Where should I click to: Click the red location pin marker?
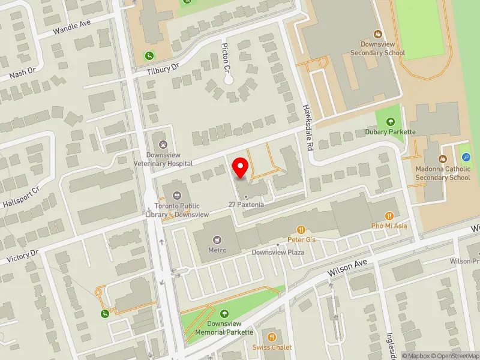pos(241,168)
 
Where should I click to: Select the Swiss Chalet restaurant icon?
pos(272,337)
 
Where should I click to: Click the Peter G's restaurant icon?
pos(301,229)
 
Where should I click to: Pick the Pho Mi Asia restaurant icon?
pos(389,215)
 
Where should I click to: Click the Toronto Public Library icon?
pos(176,194)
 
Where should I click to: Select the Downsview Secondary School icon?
pos(378,34)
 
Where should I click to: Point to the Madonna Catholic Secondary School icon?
pos(443,159)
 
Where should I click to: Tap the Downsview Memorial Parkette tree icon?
pos(224,314)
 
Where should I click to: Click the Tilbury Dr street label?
pos(163,70)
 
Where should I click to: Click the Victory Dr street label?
pos(23,256)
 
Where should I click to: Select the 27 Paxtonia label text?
pos(246,205)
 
